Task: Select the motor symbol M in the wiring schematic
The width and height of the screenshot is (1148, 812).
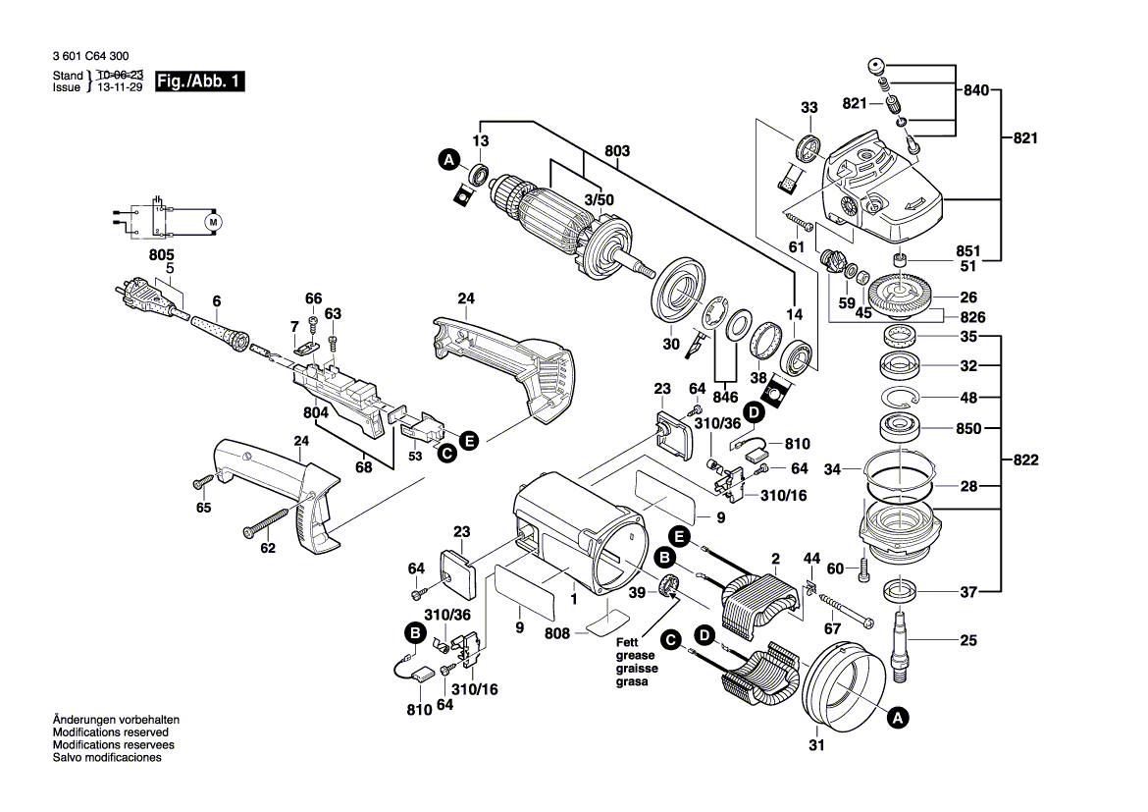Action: click(213, 223)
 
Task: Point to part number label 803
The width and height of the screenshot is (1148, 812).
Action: click(618, 151)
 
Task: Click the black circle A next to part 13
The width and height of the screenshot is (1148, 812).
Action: click(448, 160)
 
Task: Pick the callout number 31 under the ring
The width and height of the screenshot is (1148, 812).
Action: click(815, 746)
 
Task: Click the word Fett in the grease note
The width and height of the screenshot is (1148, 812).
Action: click(628, 643)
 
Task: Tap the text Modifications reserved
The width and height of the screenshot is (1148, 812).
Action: click(110, 732)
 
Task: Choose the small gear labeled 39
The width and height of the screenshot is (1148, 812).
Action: click(669, 587)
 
